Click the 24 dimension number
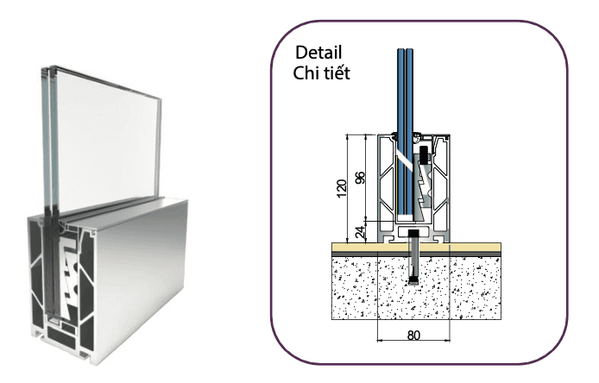[x=361, y=230]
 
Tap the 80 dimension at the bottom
[x=413, y=334]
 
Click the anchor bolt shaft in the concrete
[x=415, y=263]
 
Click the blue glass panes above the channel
[x=402, y=86]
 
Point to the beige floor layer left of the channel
[x=354, y=248]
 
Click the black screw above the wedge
[x=426, y=158]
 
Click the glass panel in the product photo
[x=108, y=129]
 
